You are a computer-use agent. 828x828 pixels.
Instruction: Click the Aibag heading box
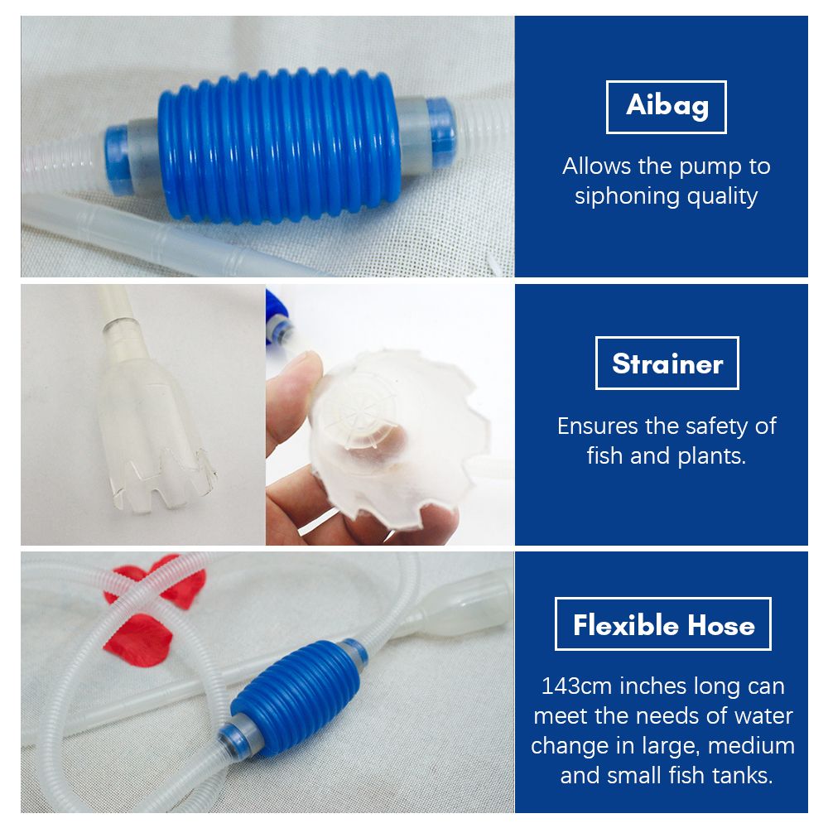click(666, 107)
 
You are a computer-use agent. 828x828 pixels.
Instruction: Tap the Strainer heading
click(667, 363)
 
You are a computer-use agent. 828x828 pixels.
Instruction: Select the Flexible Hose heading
click(663, 624)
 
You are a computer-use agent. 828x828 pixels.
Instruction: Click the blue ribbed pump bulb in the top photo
click(279, 146)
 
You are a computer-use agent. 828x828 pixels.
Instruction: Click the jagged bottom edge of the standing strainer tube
click(164, 481)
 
